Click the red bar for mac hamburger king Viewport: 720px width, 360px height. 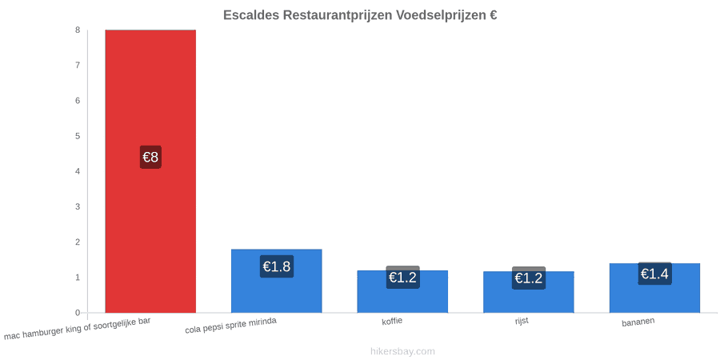tap(150, 171)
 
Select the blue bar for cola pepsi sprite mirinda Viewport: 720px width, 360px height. tap(277, 281)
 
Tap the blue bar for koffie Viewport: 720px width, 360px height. tap(402, 291)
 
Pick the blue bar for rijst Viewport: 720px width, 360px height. tap(529, 292)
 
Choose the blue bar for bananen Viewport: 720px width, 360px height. tap(654, 288)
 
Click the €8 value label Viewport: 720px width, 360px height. tap(150, 157)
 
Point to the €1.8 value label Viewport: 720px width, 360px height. tap(277, 266)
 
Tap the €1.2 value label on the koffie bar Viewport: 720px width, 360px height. tap(402, 278)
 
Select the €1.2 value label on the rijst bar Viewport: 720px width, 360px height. tap(529, 278)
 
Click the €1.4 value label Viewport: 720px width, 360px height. tap(654, 274)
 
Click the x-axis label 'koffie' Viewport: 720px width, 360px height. tap(392, 321)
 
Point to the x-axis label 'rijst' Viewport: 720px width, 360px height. tap(522, 321)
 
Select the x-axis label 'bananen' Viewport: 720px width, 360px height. tap(638, 322)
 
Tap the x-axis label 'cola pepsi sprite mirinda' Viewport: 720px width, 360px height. tap(231, 326)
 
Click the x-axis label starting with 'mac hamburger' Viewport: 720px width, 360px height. tap(77, 328)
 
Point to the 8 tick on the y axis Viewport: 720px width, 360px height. tap(78, 30)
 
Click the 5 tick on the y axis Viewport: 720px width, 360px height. tap(78, 136)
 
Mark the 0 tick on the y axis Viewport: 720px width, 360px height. tap(78, 313)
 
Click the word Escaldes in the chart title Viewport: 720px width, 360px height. tap(250, 15)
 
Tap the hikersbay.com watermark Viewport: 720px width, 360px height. tap(402, 351)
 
